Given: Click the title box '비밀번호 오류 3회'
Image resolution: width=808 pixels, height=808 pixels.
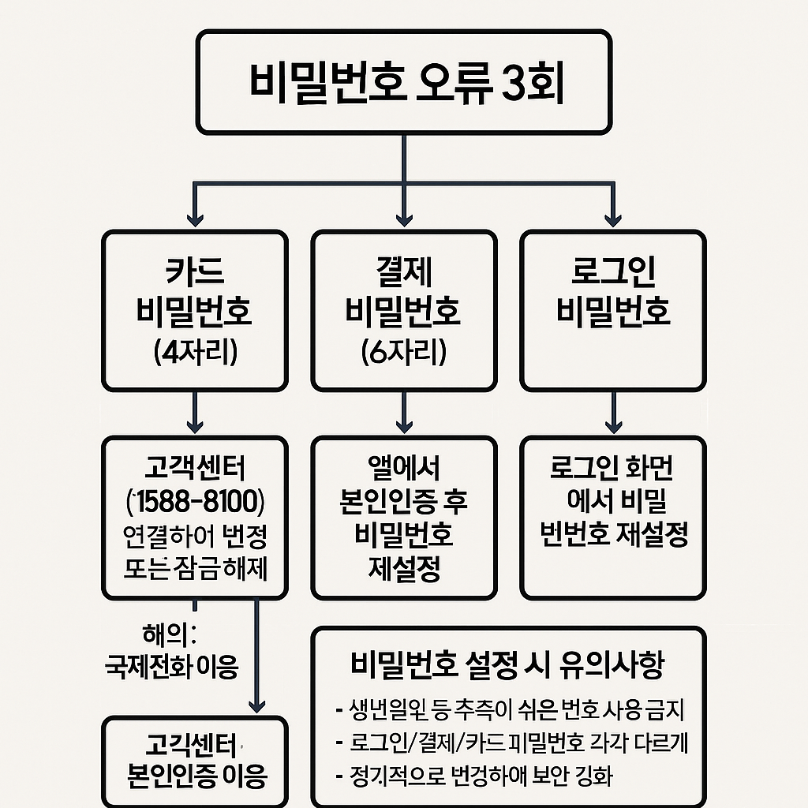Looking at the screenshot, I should (403, 82).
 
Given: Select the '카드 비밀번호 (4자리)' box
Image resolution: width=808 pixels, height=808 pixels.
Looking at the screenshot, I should (194, 310).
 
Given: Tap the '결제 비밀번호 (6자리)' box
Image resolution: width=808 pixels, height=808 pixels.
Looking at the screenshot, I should (403, 310).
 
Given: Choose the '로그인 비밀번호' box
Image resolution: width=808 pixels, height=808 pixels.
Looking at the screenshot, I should (613, 310).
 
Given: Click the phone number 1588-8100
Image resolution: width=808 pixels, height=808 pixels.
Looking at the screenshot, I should (195, 502).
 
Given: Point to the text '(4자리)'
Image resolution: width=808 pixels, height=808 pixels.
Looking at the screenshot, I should (194, 350).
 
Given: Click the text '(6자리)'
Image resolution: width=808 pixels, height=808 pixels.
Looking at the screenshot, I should (403, 350).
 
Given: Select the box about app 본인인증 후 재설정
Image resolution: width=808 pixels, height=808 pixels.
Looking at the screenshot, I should (403, 517).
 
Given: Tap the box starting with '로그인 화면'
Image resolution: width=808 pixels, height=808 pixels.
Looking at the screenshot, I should (613, 517).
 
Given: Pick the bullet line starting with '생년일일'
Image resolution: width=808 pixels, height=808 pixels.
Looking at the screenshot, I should (509, 710).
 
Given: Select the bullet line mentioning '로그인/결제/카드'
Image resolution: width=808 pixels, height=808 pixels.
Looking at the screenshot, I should (509, 743).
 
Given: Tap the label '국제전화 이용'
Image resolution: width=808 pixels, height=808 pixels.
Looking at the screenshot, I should (171, 668).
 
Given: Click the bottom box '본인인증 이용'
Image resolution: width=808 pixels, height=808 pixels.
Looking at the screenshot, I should (195, 761).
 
